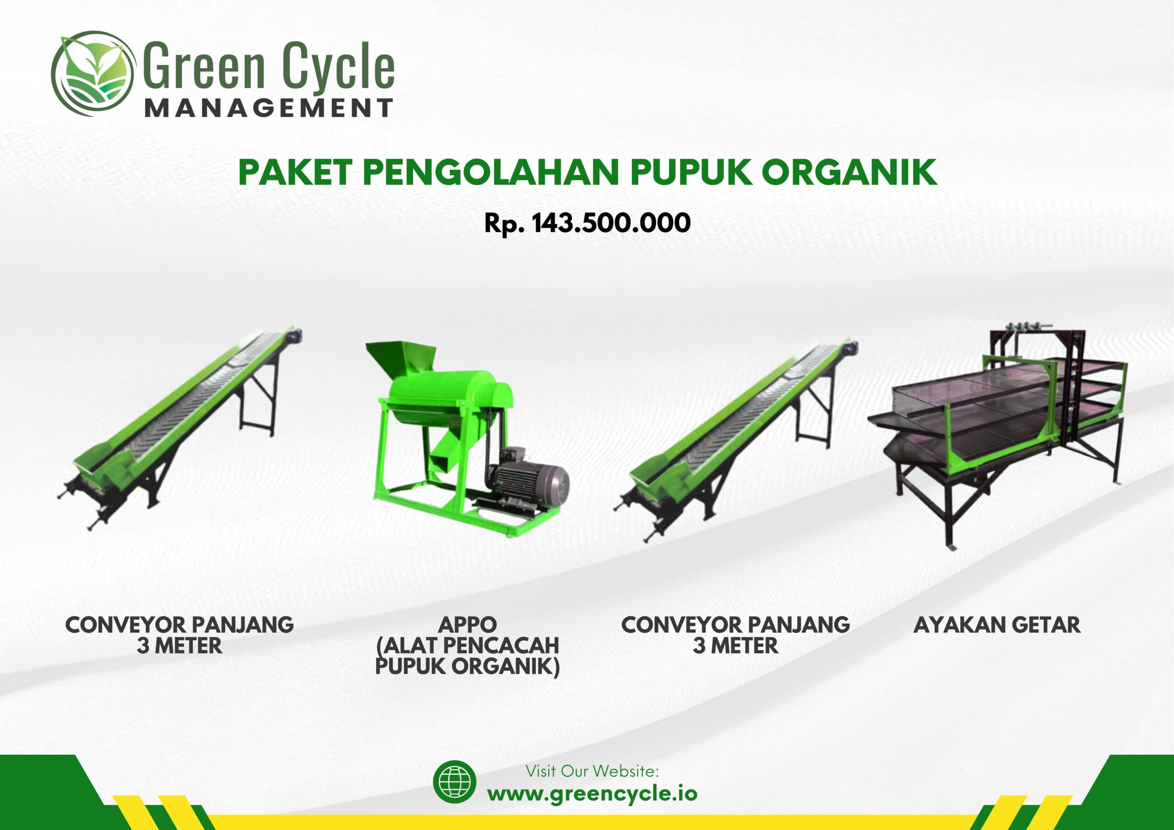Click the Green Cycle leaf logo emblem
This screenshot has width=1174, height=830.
pos(93,74)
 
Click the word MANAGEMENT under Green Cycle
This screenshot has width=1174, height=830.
pos(269,108)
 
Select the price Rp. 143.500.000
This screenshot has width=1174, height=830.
pos(587,223)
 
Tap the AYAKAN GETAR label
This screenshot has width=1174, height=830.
pos(997,625)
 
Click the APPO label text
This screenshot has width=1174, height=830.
pos(467,625)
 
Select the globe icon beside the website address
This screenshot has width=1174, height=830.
pos(454,781)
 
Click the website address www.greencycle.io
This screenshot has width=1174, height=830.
pos(592,793)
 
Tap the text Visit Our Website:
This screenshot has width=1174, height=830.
pos(592,771)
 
